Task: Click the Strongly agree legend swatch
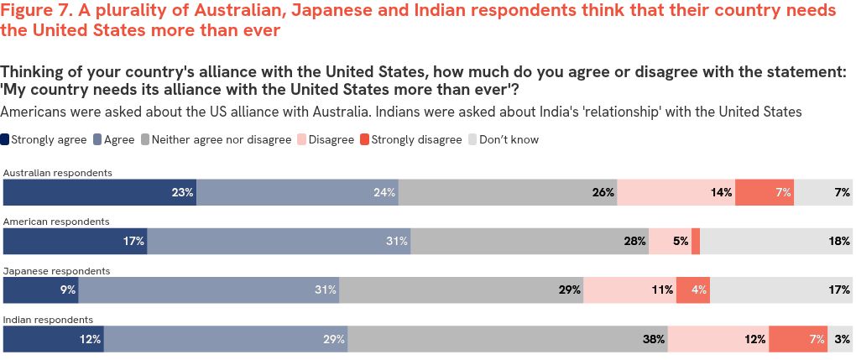(6, 140)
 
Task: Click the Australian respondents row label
(58, 173)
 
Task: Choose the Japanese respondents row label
(56, 271)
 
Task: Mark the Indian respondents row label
(48, 320)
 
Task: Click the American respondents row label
(56, 222)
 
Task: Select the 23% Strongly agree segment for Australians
(100, 192)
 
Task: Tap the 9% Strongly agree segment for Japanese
(41, 290)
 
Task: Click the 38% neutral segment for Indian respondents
(508, 339)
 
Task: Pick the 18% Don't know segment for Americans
(776, 241)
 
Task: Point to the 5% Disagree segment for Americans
(670, 241)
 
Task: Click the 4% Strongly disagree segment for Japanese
(692, 290)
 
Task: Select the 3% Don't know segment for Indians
(839, 339)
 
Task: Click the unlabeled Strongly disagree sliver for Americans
(696, 241)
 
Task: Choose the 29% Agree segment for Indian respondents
(226, 339)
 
